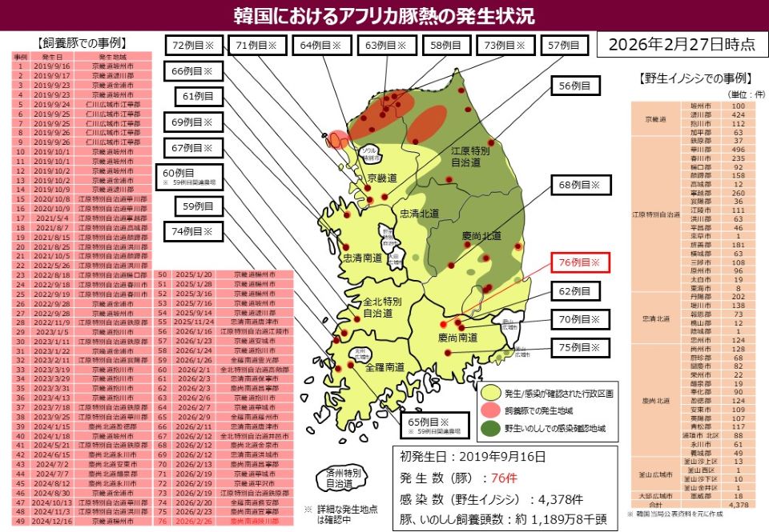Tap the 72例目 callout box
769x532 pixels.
(x=194, y=46)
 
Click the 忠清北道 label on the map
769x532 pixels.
(x=420, y=213)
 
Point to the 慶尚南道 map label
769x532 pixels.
(x=458, y=338)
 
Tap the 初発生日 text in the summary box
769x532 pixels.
(x=429, y=458)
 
